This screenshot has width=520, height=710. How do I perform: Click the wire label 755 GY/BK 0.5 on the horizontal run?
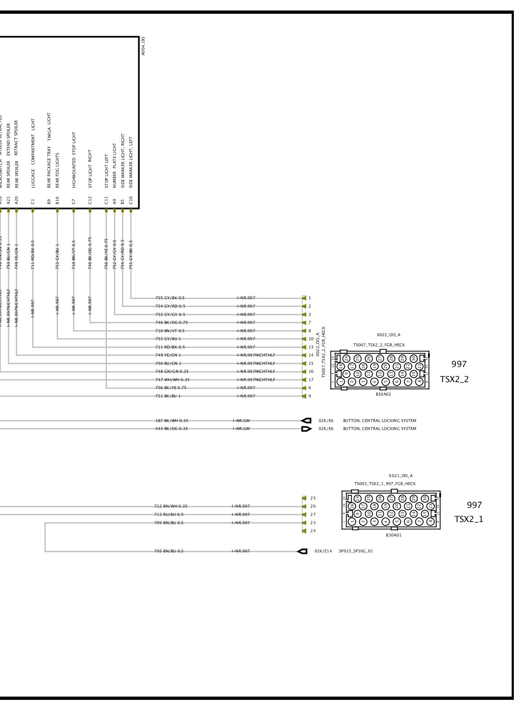pos(170,298)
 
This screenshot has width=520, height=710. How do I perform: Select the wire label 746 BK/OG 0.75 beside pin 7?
pos(171,322)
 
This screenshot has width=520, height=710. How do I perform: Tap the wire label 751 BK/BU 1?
pos(168,396)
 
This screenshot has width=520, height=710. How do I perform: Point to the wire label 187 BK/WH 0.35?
pos(172,421)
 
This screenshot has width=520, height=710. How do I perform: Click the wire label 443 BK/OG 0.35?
pos(171,429)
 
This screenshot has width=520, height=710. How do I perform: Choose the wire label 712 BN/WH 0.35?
pos(171,506)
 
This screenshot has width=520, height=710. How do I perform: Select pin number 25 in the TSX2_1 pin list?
pos(313,498)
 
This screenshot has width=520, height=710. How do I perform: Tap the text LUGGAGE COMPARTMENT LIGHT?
pos(33,153)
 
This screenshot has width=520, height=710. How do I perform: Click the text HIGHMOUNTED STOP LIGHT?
pos(74,160)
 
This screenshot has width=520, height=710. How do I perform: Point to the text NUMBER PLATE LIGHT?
pos(114,166)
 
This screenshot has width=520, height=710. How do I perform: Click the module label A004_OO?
pos(143,46)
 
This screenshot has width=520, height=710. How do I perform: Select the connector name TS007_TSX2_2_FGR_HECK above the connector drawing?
pos(379,345)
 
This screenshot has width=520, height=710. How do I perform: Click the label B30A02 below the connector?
pos(383,394)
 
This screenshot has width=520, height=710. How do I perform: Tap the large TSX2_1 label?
pos(469,519)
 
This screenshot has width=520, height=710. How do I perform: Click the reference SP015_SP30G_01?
pos(356,551)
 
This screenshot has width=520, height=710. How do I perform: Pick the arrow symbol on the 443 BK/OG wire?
pos(306,429)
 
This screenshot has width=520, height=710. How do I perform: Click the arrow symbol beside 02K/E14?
pos(302,551)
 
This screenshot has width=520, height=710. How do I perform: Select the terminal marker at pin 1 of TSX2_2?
pos(304,298)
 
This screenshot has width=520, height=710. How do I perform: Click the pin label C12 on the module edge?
pos(90,200)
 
